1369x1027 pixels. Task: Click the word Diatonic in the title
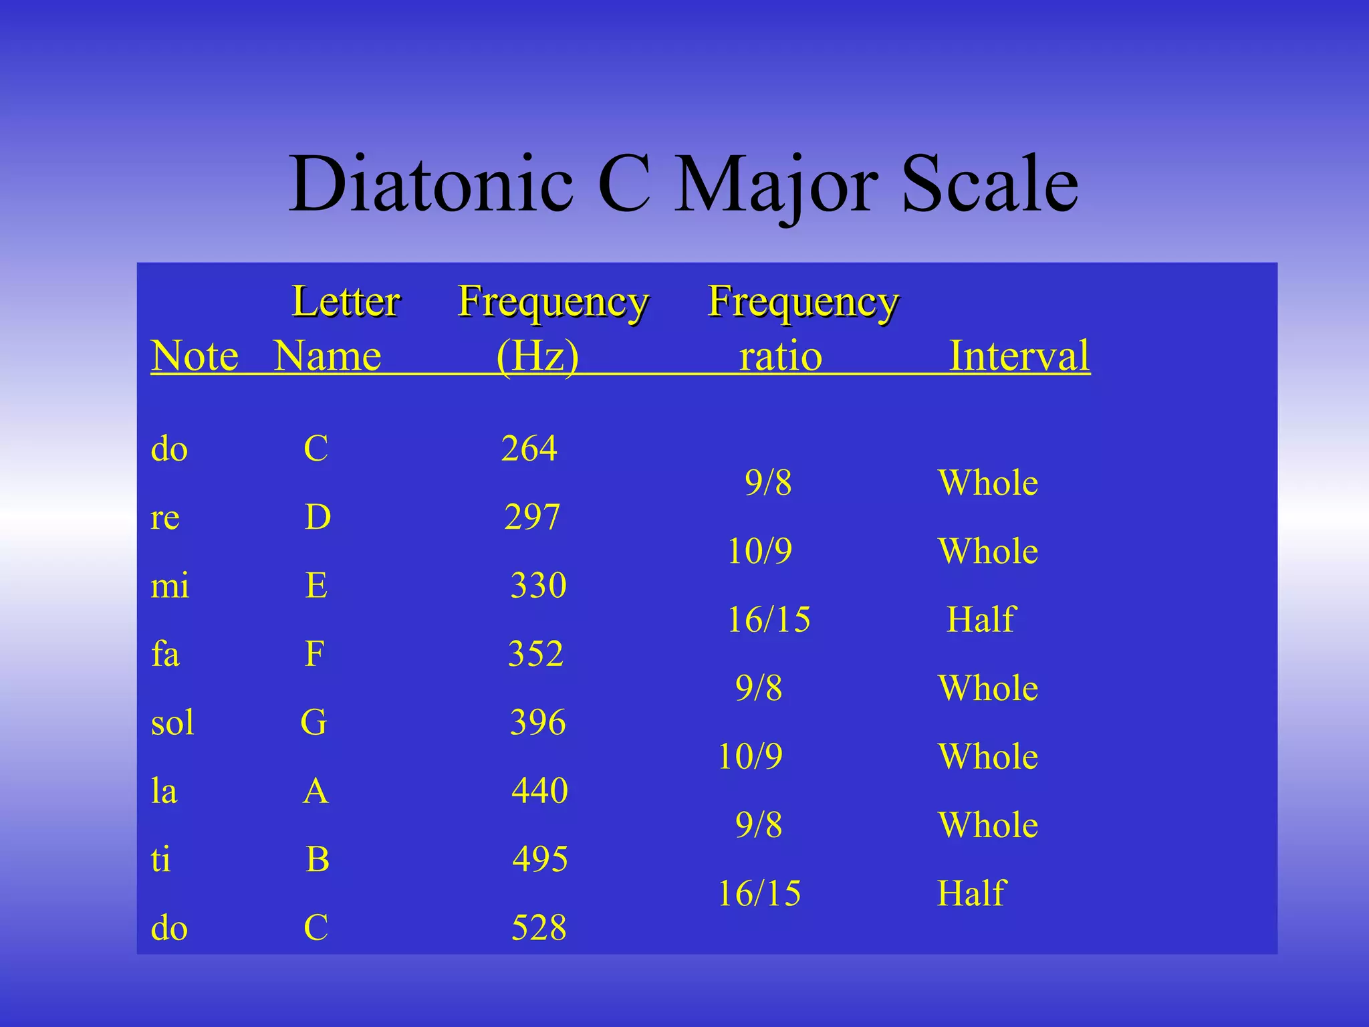point(431,184)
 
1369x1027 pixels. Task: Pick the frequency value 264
point(529,448)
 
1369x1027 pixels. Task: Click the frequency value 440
point(539,790)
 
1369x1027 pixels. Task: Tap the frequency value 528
point(539,927)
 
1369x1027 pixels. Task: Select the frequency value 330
point(538,585)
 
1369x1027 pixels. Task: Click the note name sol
point(172,722)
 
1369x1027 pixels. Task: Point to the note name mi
point(170,586)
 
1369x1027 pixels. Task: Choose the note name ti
point(160,859)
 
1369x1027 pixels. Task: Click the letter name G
point(314,722)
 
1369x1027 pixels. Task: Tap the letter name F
point(314,653)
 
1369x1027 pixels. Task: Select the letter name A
point(316,791)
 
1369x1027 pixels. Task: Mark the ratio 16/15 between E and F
point(769,619)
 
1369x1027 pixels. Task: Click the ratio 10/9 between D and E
point(759,551)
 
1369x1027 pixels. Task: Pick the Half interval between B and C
point(971,893)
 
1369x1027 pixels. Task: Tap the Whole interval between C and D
point(988,483)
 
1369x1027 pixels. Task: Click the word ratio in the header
point(780,356)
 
